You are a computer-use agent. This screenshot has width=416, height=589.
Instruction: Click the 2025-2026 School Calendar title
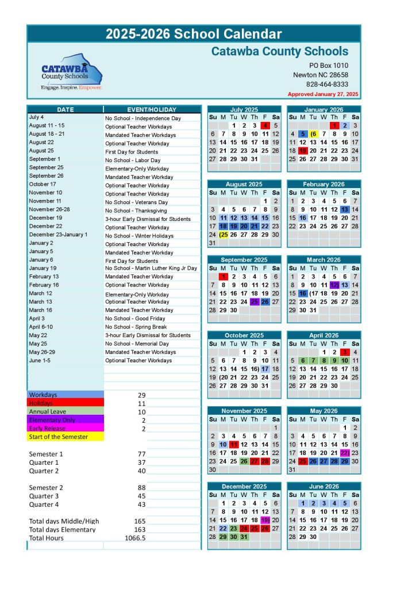tap(194, 34)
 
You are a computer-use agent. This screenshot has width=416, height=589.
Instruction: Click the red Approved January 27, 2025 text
tap(323, 94)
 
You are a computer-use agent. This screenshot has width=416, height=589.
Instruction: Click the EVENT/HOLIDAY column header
tap(152, 109)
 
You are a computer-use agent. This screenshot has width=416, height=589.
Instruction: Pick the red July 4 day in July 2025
tap(265, 125)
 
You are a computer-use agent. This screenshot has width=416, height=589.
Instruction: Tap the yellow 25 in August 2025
tap(224, 235)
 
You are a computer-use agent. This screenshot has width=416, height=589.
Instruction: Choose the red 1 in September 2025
tap(224, 277)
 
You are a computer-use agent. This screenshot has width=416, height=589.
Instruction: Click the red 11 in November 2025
tap(234, 445)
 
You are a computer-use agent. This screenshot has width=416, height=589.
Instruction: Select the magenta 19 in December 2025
tap(265, 520)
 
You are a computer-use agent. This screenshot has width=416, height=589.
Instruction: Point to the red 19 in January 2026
tap(303, 151)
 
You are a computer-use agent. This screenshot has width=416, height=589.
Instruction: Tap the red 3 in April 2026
tap(344, 352)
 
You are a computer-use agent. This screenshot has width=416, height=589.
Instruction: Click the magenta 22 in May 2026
tap(344, 453)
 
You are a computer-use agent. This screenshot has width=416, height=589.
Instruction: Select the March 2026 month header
tap(323, 260)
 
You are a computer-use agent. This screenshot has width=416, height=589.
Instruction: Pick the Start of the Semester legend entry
tap(59, 437)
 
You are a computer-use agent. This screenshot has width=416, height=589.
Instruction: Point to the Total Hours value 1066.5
tap(136, 538)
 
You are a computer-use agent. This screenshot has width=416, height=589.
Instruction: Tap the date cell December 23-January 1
tap(58, 235)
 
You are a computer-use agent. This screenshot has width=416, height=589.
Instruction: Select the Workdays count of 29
tap(142, 395)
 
